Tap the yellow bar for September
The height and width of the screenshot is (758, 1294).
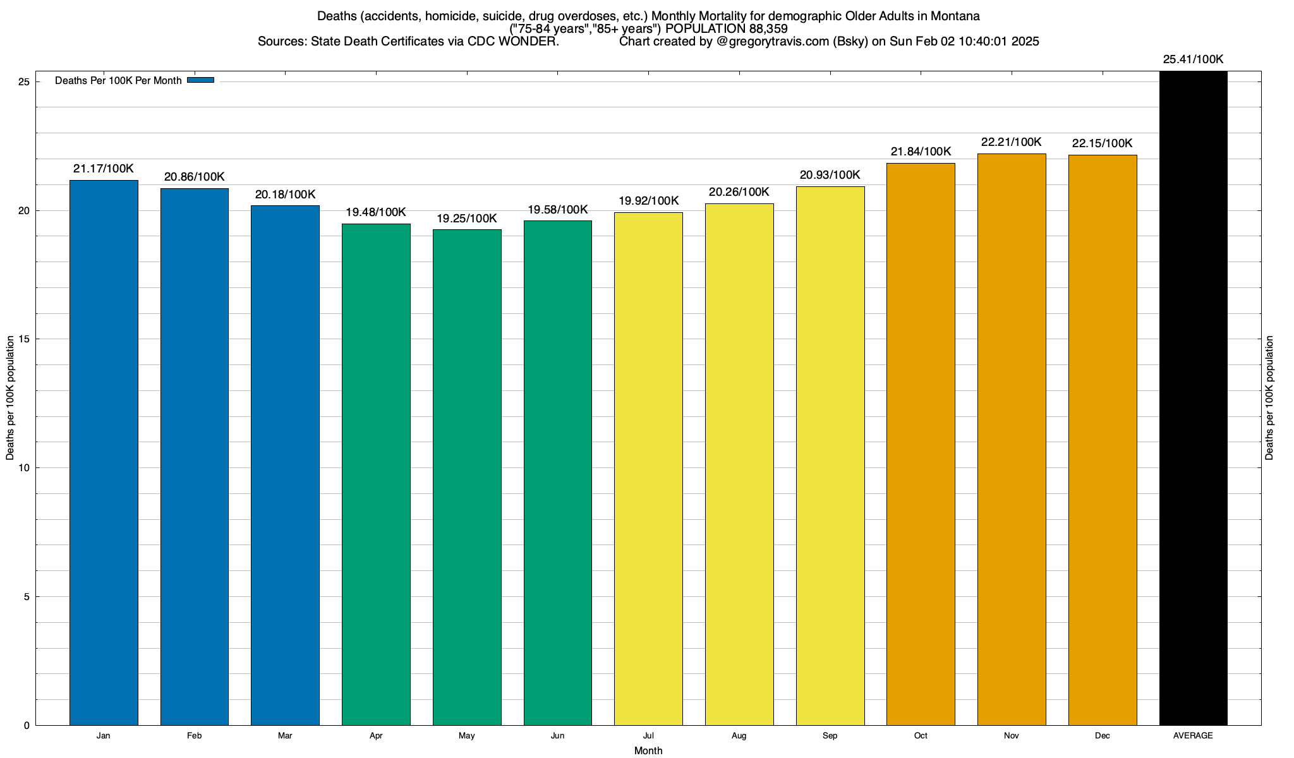(830, 455)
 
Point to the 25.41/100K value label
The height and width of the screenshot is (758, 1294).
(1193, 59)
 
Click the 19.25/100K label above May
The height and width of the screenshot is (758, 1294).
(467, 219)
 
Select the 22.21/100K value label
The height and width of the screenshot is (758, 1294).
(1011, 142)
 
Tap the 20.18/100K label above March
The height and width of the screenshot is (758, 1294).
(285, 195)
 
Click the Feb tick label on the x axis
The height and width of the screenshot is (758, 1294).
(194, 736)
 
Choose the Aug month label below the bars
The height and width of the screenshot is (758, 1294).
(739, 736)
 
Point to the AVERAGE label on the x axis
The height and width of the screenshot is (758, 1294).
(1193, 736)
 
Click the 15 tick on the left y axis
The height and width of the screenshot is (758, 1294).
(25, 339)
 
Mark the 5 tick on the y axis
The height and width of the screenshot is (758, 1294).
(27, 597)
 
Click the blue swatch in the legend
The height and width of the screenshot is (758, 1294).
(201, 80)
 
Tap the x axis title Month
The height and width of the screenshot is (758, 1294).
(648, 750)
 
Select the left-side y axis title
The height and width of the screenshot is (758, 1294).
(10, 398)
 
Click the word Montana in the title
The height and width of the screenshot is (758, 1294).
(955, 16)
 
